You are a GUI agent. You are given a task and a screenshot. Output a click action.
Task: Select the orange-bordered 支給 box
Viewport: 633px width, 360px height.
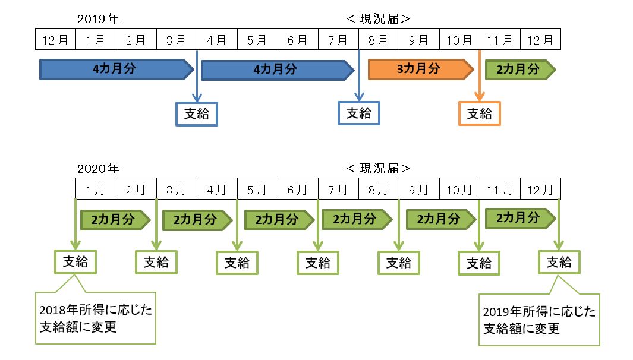[x=480, y=113]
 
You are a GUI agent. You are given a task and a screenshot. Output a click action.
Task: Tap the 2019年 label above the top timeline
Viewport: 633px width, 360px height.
[x=98, y=19]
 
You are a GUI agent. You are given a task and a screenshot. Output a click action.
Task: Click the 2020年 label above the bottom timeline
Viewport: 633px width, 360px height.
[x=98, y=169]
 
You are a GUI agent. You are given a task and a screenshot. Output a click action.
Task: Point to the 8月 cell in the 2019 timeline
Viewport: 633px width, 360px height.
[x=379, y=40]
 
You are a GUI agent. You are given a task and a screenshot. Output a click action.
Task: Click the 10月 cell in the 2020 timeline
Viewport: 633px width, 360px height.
[x=459, y=190]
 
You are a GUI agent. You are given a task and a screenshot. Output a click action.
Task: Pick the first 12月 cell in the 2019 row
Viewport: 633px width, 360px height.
[x=55, y=40]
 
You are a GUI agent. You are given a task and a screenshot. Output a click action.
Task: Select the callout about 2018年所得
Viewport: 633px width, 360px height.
[x=95, y=318]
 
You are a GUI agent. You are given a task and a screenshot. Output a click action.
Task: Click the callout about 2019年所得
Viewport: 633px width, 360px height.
[x=539, y=320]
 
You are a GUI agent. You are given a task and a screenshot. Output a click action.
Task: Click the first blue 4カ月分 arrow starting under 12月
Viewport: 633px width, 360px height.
[x=116, y=69]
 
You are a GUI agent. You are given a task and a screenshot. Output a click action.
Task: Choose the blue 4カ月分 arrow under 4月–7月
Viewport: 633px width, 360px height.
[x=277, y=70]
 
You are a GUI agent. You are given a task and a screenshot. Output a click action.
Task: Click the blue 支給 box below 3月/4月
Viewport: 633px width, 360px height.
[x=197, y=113]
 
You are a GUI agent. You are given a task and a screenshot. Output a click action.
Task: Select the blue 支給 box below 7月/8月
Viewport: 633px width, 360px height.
[x=358, y=113]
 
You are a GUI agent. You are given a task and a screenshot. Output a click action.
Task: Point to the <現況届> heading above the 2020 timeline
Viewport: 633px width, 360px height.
[x=379, y=169]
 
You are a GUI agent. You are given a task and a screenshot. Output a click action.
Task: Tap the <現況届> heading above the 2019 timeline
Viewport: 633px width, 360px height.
[x=379, y=19]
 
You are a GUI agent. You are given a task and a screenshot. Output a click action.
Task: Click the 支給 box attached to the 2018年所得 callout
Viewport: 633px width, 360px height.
[x=75, y=261]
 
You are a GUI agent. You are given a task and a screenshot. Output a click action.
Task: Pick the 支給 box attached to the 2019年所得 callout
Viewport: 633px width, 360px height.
[x=559, y=262]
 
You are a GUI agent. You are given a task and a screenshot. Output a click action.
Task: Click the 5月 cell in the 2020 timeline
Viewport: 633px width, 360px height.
[x=257, y=190]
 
